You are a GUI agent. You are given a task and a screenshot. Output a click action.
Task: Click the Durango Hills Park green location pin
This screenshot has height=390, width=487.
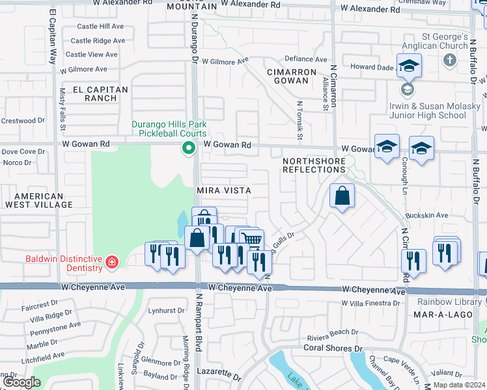pos(189,149)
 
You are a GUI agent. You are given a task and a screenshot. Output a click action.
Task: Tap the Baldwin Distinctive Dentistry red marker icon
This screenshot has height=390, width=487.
pos(112,263)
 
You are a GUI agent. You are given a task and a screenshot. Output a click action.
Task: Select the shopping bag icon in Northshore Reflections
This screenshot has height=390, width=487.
pos(342,196)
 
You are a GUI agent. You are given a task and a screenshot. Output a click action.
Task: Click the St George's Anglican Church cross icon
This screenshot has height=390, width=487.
pos(449,60)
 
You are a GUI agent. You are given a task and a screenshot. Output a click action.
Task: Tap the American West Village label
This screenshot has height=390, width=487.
pos(39,200)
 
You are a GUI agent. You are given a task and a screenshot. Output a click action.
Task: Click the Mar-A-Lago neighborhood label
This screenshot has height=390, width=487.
pos(438,315)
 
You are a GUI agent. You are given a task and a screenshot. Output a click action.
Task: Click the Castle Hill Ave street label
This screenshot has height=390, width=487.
pos(100,27)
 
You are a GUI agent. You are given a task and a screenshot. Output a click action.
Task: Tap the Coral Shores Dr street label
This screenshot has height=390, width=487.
pos(332,348)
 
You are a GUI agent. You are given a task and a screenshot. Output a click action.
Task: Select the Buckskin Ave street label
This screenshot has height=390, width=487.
pos(426,215)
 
